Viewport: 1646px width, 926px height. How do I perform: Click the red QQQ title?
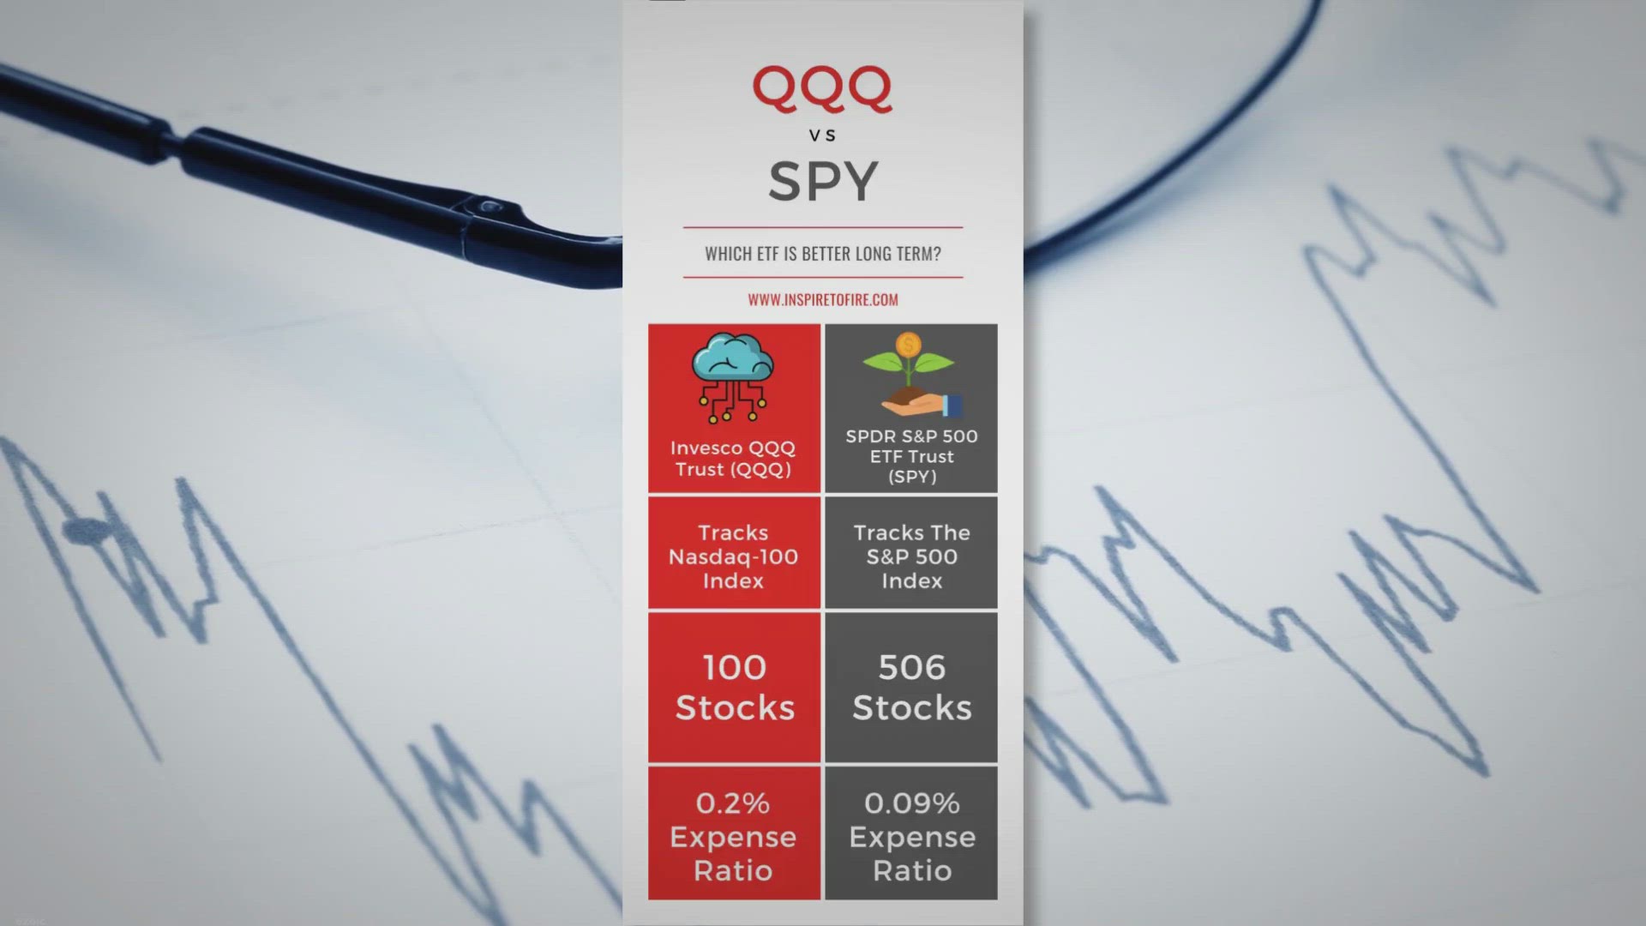822,89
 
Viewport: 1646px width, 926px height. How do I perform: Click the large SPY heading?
823,181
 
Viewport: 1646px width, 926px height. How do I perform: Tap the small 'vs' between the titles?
822,135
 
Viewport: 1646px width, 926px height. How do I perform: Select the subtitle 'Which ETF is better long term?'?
823,254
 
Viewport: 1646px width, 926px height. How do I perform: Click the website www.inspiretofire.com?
823,300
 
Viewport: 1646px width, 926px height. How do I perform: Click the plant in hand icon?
911,375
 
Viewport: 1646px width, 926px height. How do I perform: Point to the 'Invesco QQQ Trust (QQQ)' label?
733,459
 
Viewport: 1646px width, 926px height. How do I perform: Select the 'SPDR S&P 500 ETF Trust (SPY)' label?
911,456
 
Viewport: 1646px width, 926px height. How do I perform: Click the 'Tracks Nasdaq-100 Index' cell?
734,553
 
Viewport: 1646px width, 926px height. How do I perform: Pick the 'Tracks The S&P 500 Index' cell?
911,553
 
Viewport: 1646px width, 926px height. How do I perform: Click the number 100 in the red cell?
735,668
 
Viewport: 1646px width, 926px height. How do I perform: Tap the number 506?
911,668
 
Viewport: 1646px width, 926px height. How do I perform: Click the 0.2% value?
733,803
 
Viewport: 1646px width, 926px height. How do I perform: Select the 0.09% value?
911,803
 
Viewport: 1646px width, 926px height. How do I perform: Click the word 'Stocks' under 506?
911,708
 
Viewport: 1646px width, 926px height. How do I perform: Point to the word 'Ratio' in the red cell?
733,871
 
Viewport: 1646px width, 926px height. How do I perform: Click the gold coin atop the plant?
909,345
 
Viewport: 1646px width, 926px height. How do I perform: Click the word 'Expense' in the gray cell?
912,838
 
